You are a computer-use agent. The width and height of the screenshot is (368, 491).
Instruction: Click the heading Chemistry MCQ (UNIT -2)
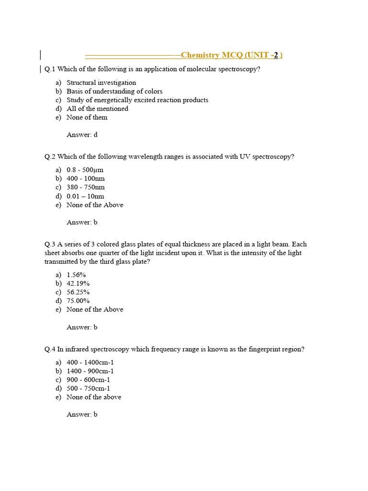click(x=231, y=55)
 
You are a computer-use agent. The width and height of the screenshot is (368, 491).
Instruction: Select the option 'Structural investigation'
click(x=101, y=82)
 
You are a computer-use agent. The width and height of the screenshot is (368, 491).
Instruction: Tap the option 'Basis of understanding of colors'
click(x=114, y=91)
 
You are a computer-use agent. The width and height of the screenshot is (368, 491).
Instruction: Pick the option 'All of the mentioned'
click(x=97, y=108)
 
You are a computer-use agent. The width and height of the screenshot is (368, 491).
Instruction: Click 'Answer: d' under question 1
click(x=82, y=135)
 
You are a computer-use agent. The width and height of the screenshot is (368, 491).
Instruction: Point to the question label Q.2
click(x=50, y=156)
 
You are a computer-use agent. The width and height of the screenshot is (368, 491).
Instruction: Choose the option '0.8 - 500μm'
click(x=85, y=170)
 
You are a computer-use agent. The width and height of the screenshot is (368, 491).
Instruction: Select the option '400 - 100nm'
click(x=85, y=178)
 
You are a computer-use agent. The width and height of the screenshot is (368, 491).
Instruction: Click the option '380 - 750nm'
click(x=85, y=187)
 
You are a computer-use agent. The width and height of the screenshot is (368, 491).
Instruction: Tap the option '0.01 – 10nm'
click(x=85, y=196)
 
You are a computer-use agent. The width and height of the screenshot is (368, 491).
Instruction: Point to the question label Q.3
click(x=50, y=244)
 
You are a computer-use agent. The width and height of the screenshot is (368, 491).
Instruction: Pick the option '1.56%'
click(x=76, y=275)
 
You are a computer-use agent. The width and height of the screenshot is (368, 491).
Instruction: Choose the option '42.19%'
click(x=78, y=283)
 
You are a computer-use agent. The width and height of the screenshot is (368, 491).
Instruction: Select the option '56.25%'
click(x=78, y=292)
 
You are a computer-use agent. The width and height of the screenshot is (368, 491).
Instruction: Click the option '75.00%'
click(x=78, y=301)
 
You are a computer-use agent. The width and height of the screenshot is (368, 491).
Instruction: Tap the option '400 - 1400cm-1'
click(x=90, y=362)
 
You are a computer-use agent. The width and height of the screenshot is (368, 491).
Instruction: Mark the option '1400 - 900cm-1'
click(x=90, y=371)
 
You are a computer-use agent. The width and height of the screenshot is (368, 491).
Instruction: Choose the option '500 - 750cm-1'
click(x=88, y=388)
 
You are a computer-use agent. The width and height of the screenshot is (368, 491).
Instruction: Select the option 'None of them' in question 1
click(x=87, y=117)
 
